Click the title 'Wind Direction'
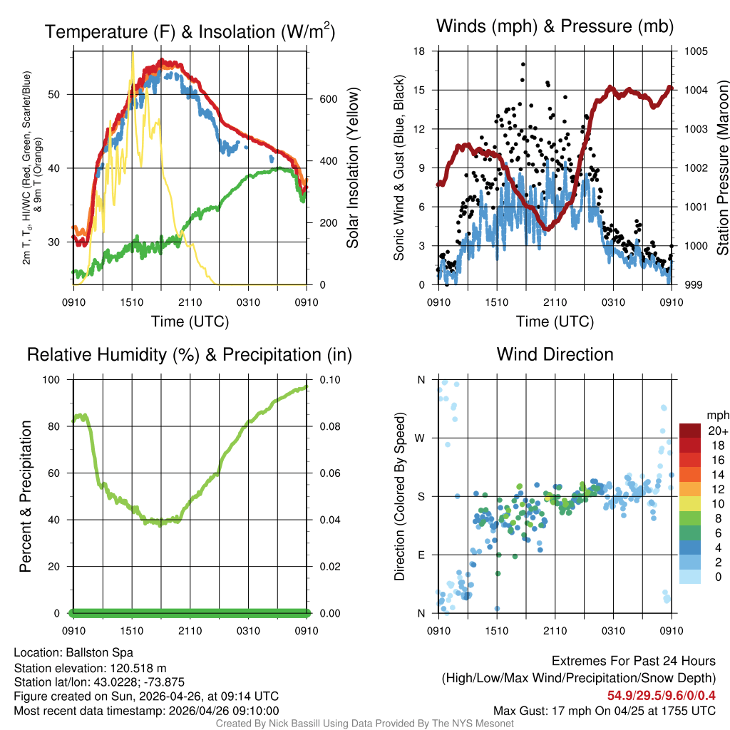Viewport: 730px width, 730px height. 555,354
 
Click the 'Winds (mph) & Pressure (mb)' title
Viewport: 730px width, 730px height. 555,27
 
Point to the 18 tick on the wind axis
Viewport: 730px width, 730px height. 419,51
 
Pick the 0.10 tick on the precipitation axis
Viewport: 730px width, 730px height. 330,379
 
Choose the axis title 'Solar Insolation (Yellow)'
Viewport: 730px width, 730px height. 353,168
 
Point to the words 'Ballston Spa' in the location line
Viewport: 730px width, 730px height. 99,652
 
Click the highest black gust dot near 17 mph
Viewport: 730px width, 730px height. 523,64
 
